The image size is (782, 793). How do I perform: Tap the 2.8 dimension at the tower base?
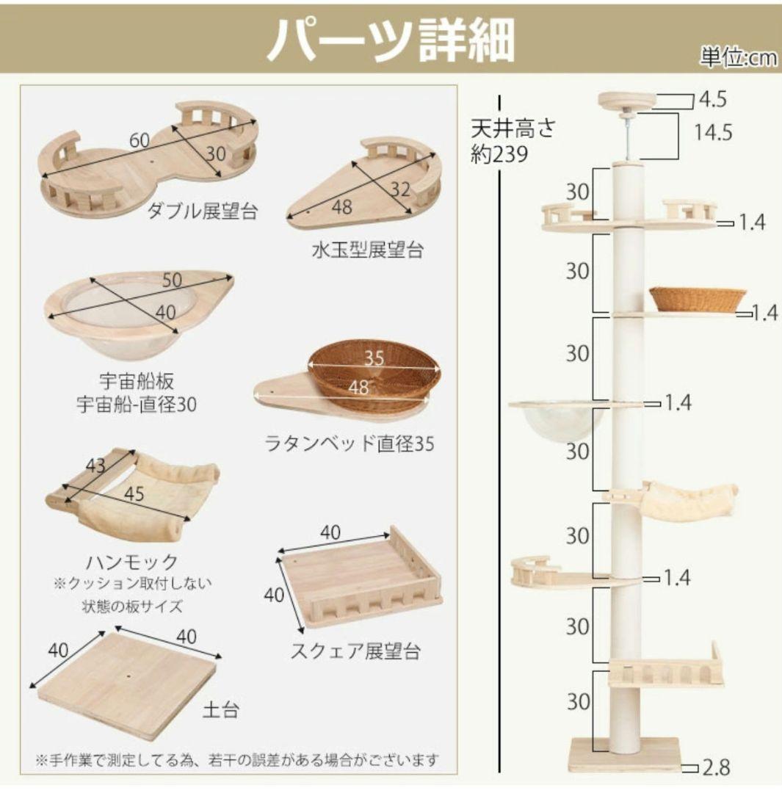(715, 768)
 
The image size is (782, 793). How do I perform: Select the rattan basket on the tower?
(697, 300)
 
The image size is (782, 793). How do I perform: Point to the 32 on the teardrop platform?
(401, 189)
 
